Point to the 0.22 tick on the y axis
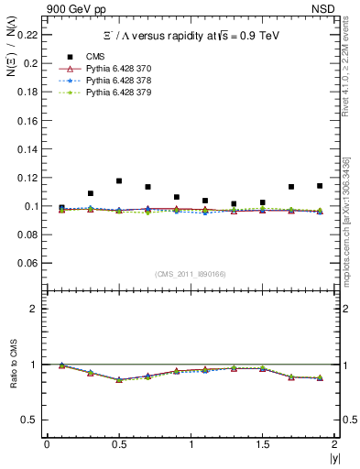point(28,35)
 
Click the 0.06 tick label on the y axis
point(28,263)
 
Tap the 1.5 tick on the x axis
point(262,444)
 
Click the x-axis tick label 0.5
point(118,444)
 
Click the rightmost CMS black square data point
point(320,186)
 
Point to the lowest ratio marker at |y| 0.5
point(119,380)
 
